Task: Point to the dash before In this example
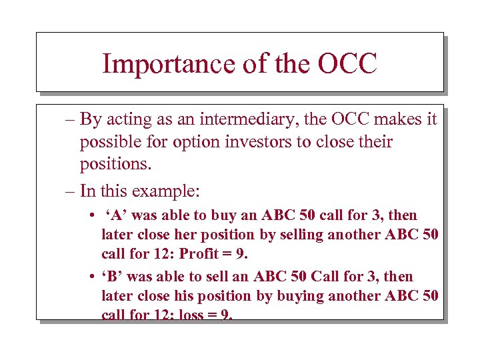tap(69, 191)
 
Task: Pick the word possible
tap(109, 142)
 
